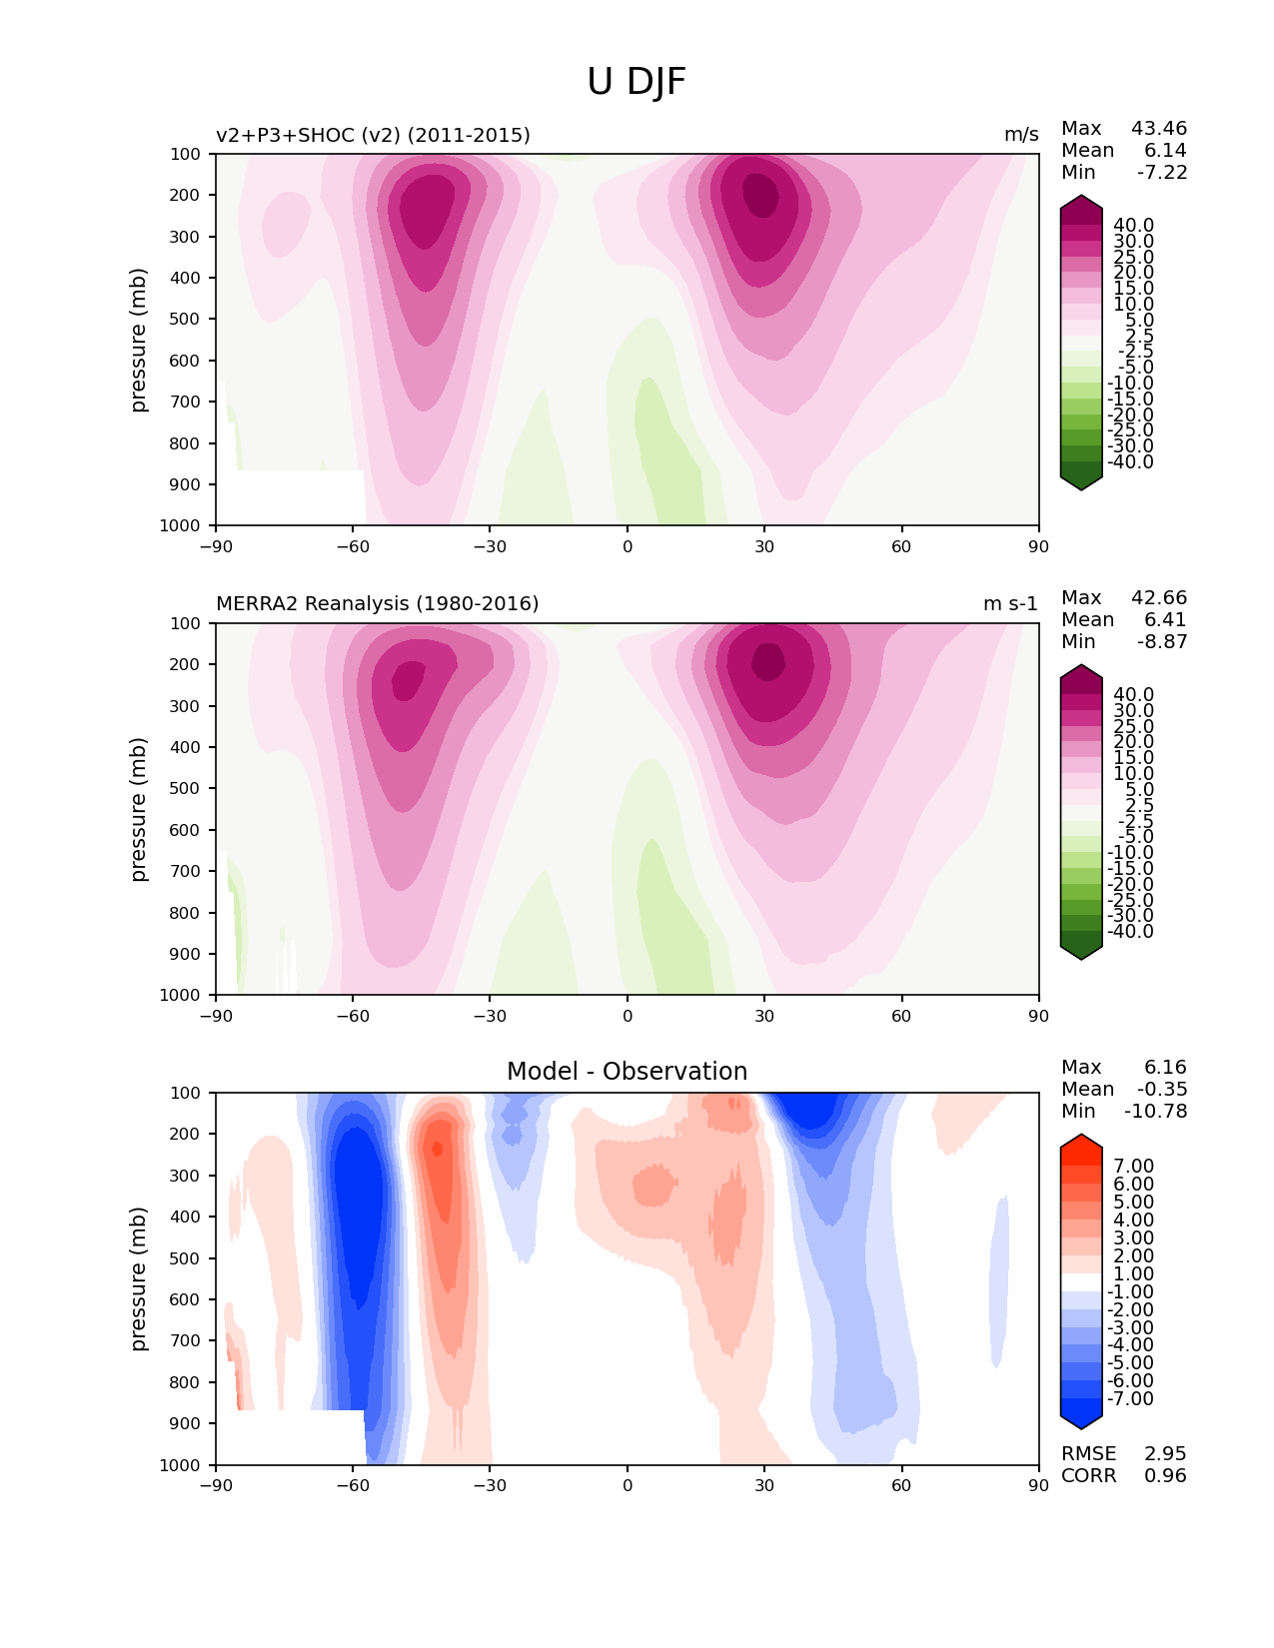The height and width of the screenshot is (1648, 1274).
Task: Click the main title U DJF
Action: (x=636, y=82)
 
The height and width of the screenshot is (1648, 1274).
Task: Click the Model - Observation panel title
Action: (x=627, y=1071)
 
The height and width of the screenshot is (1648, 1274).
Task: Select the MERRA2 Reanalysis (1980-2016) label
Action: (x=377, y=603)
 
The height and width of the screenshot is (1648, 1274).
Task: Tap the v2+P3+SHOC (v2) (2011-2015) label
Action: (x=373, y=135)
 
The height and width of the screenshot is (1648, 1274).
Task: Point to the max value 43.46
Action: (x=1159, y=128)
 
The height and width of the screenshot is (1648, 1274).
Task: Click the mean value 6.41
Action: (x=1165, y=619)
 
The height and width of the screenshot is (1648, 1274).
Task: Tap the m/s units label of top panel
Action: (x=1021, y=135)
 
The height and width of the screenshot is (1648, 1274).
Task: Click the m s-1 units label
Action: (x=1010, y=603)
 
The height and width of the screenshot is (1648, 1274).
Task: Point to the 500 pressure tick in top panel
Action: (x=185, y=319)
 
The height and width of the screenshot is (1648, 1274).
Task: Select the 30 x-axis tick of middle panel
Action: (x=764, y=1016)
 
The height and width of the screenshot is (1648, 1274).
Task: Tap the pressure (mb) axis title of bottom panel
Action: (x=137, y=1278)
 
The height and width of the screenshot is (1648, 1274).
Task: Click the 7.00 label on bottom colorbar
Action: (x=1133, y=1166)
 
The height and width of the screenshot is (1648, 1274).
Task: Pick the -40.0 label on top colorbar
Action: (x=1130, y=461)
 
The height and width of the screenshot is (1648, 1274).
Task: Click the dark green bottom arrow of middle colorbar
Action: (x=1080, y=951)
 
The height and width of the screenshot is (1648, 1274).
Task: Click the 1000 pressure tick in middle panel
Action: (x=180, y=994)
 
